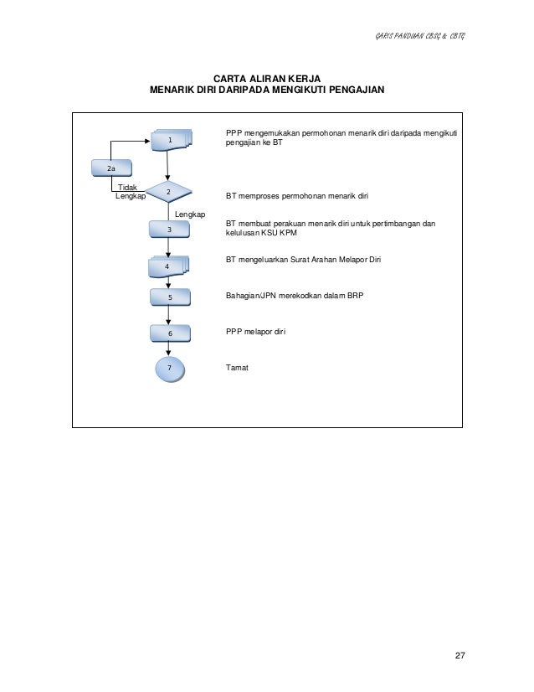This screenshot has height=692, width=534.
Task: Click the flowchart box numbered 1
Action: pyautogui.click(x=171, y=140)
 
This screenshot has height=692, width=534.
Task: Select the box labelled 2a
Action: pyautogui.click(x=111, y=168)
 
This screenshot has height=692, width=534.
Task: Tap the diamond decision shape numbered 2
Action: pyautogui.click(x=168, y=193)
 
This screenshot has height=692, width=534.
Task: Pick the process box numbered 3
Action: pyautogui.click(x=169, y=229)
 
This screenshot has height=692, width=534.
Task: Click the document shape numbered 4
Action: pyautogui.click(x=168, y=266)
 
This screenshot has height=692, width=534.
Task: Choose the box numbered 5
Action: pyautogui.click(x=170, y=297)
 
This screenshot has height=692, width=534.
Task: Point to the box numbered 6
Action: pyautogui.click(x=170, y=333)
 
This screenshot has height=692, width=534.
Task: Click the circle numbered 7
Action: pyautogui.click(x=169, y=368)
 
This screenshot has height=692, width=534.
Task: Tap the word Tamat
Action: pyautogui.click(x=237, y=367)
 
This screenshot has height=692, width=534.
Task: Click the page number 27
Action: pyautogui.click(x=458, y=654)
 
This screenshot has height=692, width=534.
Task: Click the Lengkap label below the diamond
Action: pyautogui.click(x=190, y=214)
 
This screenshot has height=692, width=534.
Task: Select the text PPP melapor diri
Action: pyautogui.click(x=256, y=332)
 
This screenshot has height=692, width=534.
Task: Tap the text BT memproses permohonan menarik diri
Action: pyautogui.click(x=297, y=196)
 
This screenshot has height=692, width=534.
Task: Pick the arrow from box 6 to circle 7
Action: pyautogui.click(x=169, y=349)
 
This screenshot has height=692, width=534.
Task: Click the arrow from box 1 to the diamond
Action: pyautogui.click(x=168, y=165)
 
